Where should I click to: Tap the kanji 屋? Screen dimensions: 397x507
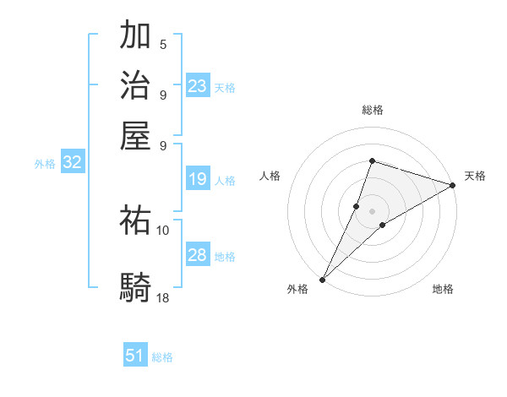click(136, 134)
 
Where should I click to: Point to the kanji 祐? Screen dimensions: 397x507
click(136, 221)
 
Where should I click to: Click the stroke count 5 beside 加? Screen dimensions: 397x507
click(163, 45)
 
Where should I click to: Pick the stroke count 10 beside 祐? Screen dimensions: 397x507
click(163, 230)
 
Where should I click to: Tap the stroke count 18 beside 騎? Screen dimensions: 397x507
click(163, 297)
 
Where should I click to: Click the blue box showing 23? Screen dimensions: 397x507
click(198, 85)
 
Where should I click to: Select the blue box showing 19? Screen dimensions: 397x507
click(198, 179)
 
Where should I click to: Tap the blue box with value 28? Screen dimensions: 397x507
click(198, 255)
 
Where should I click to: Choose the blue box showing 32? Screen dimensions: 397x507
click(73, 163)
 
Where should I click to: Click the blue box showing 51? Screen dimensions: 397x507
click(135, 356)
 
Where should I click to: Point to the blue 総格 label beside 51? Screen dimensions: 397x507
click(162, 357)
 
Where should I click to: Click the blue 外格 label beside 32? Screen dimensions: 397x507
click(44, 164)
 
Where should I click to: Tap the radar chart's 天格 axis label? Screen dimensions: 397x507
click(475, 176)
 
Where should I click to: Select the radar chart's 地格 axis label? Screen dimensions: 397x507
click(443, 290)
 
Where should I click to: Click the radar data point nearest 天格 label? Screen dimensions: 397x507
click(452, 186)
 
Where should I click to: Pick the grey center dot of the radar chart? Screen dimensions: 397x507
click(372, 210)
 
